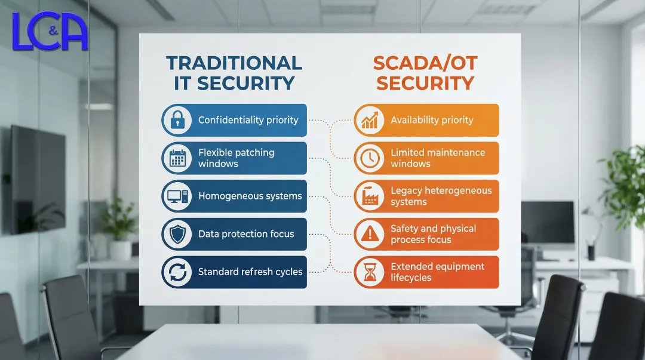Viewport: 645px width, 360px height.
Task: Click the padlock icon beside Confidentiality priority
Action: tap(177, 120)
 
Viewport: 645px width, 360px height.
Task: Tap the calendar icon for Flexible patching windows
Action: tap(177, 158)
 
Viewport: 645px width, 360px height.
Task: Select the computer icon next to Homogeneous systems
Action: tap(177, 196)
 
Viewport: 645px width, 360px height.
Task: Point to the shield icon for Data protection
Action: tap(177, 234)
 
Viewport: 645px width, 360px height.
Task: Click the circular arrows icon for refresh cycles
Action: tap(177, 272)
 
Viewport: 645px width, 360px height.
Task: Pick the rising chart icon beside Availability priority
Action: tap(370, 120)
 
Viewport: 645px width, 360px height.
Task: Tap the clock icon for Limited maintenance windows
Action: tap(370, 158)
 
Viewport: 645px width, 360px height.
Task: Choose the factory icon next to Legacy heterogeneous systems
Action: tap(370, 196)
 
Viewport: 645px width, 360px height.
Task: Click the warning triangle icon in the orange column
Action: tap(370, 234)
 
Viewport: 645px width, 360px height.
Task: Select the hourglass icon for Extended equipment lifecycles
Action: tap(370, 272)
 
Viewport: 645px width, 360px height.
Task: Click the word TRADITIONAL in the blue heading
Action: tap(234, 63)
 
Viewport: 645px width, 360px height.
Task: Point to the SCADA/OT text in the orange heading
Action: tap(425, 63)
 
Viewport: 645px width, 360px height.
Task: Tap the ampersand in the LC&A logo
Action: tap(54, 30)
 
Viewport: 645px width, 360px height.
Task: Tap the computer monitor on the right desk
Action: tap(547, 223)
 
